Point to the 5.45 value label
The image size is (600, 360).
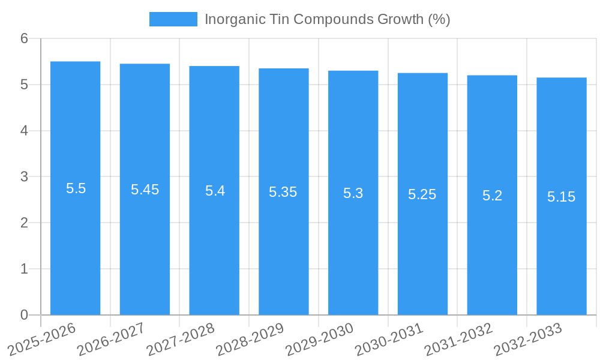145,190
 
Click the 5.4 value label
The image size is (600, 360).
215,191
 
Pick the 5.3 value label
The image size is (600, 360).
353,193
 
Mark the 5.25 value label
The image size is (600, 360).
422,194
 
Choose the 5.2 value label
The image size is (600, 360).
492,196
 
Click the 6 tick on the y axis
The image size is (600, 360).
25,38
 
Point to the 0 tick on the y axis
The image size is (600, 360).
25,315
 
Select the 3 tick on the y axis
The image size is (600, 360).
25,177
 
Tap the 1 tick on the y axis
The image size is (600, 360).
25,269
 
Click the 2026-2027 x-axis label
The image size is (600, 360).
111,338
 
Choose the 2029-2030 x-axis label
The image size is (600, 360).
319,338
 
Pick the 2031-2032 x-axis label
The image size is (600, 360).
458,338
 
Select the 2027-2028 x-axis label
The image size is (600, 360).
181,338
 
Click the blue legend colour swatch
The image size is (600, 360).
173,19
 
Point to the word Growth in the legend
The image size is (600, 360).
400,19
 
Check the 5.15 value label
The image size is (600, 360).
562,197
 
